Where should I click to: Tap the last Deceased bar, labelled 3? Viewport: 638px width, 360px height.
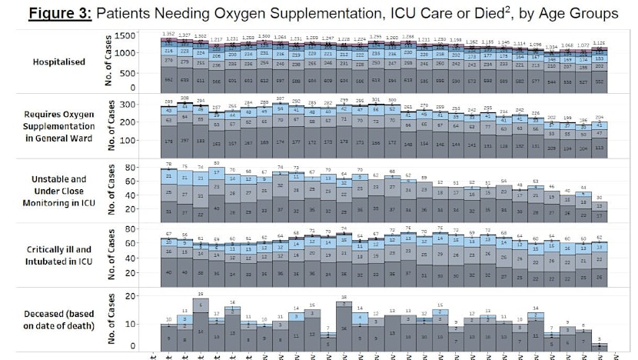click(600, 346)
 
